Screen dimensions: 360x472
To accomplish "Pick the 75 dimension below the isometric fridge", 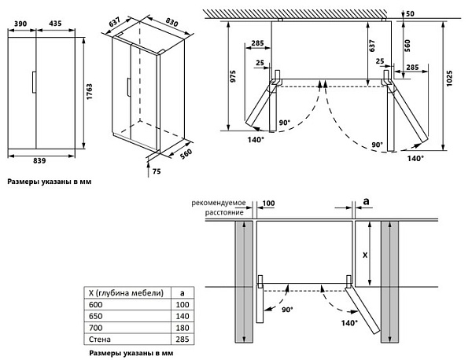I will (x=157, y=171).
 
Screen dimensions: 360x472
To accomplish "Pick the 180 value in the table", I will (x=183, y=328).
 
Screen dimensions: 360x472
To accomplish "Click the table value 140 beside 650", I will (x=183, y=317).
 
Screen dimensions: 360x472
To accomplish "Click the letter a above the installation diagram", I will (x=367, y=203).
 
